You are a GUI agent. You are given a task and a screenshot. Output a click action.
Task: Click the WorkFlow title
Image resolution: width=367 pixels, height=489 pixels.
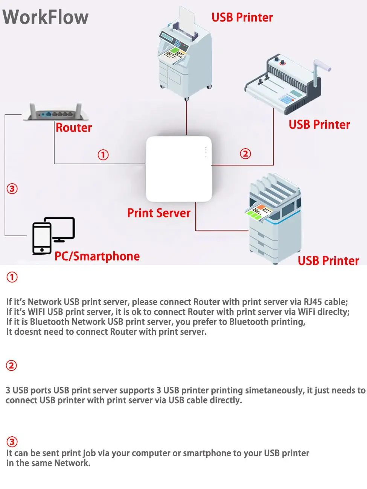46,17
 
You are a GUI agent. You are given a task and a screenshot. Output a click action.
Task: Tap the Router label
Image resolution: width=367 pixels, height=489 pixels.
74,128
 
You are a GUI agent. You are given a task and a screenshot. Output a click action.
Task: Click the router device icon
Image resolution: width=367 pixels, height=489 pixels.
56,112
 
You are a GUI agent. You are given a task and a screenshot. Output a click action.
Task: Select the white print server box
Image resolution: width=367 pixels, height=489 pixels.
179,169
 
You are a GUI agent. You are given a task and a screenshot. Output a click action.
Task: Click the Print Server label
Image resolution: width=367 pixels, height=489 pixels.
159,213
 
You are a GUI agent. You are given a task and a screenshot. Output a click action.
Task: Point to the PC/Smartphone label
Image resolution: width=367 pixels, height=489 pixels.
97,257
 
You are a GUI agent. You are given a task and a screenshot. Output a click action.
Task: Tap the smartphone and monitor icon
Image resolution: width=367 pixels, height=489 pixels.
53,235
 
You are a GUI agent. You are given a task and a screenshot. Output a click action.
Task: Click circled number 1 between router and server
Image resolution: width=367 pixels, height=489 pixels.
103,155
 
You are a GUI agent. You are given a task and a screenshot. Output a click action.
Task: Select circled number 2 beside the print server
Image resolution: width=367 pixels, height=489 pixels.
245,154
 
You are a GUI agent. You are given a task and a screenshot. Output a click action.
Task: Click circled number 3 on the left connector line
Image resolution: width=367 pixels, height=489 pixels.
12,188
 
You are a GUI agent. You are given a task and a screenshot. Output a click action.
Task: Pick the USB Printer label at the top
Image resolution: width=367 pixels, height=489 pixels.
242,18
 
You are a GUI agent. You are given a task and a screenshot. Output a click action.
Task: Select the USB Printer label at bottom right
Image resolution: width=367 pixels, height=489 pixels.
328,261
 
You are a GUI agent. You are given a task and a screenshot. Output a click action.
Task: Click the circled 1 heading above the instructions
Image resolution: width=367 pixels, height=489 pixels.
12,277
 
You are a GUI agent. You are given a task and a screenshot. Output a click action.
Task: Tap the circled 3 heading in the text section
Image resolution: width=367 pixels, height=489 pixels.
12,442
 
